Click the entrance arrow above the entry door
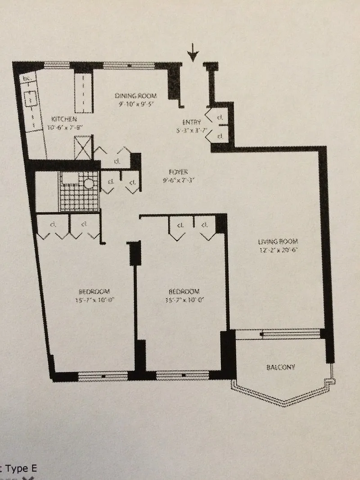[193, 55]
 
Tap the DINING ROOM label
[135, 95]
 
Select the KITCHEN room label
[63, 119]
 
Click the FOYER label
[178, 171]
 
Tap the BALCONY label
[281, 367]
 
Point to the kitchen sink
[31, 100]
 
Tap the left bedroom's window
[103, 375]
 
